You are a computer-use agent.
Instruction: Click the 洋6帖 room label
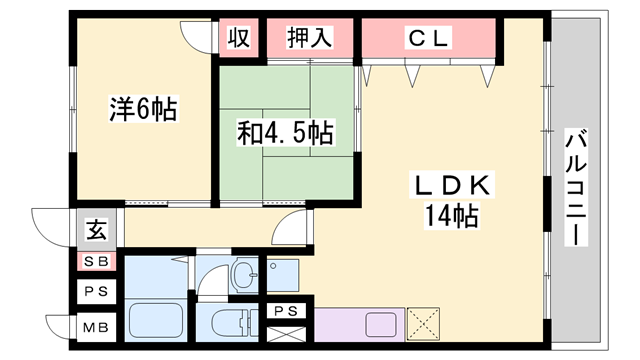pyautogui.click(x=143, y=108)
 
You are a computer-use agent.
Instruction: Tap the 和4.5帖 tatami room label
pyautogui.click(x=285, y=132)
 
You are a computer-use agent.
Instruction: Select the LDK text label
pyautogui.click(x=452, y=186)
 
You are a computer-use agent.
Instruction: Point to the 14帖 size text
pyautogui.click(x=453, y=215)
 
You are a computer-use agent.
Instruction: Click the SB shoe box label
pyautogui.click(x=96, y=262)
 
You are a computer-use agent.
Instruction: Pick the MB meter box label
pyautogui.click(x=96, y=327)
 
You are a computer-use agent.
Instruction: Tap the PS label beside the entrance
pyautogui.click(x=96, y=293)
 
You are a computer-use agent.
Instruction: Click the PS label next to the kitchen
pyautogui.click(x=286, y=311)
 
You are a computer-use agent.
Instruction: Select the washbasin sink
pyautogui.click(x=243, y=274)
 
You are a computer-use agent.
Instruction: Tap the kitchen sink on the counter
pyautogui.click(x=383, y=325)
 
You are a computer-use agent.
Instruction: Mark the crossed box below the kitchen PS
pyautogui.click(x=287, y=332)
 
